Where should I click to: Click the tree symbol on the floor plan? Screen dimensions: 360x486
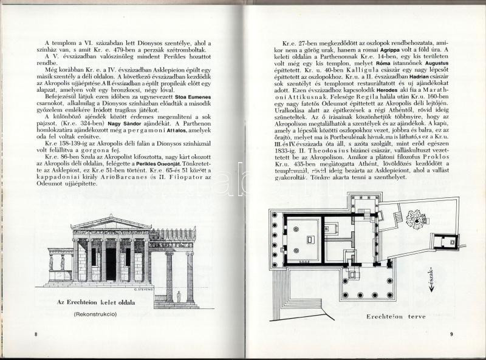click(417, 219)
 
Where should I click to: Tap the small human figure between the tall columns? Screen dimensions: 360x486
click(179, 296)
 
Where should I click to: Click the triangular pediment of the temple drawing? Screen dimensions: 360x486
click(111, 222)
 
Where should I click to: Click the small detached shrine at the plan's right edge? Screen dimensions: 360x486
click(448, 241)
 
